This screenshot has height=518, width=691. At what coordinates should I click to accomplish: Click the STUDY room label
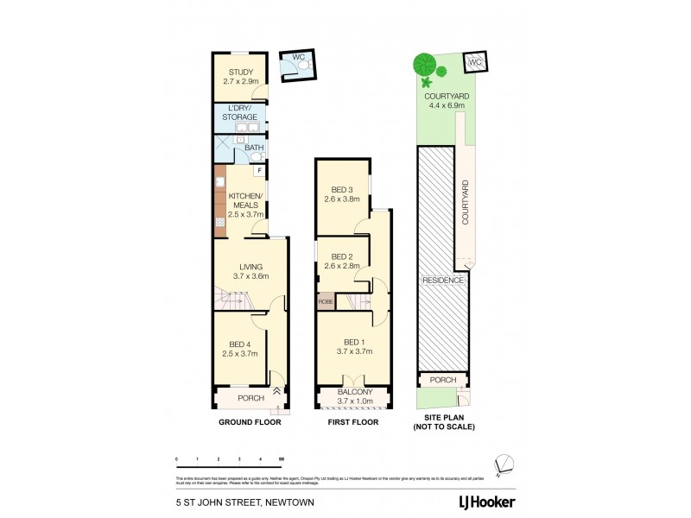(x=233, y=73)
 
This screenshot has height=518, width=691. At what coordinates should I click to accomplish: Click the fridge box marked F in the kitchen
(x=259, y=171)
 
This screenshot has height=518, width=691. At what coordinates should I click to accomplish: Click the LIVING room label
(x=251, y=267)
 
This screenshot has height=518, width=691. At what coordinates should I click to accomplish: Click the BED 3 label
(x=343, y=190)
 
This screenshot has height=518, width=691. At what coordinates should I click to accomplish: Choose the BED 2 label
(x=343, y=257)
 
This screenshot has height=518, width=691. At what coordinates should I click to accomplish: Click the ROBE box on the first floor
(x=326, y=301)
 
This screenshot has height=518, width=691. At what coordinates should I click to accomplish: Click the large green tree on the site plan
(x=423, y=64)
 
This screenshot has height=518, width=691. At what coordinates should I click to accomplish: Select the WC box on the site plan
(x=474, y=63)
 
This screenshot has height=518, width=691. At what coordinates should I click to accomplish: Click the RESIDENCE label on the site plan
(x=444, y=281)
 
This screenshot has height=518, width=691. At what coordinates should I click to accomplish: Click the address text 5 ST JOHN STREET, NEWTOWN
(x=231, y=501)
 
